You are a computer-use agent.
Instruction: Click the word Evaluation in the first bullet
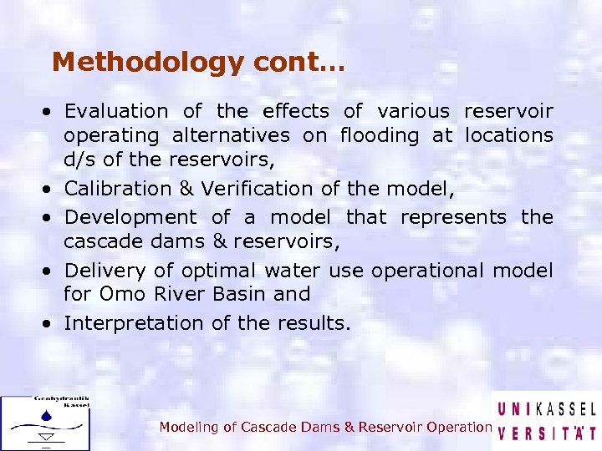pos(116,111)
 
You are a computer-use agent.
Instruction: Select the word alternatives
pos(231,135)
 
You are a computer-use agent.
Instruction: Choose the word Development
pos(130,217)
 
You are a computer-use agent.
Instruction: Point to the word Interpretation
pos(136,323)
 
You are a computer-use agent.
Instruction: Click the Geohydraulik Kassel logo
pos(45,423)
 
